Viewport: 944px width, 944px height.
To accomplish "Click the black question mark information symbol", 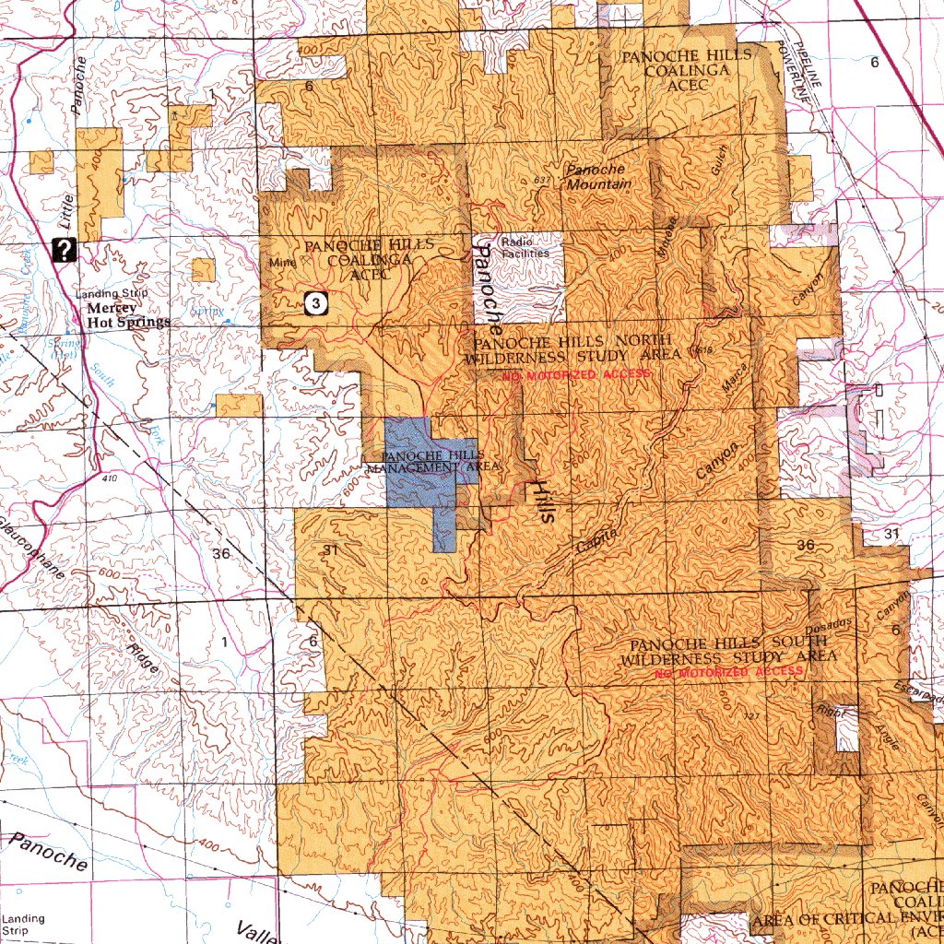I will tap(65, 250).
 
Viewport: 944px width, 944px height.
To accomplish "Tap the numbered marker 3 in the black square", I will tap(316, 301).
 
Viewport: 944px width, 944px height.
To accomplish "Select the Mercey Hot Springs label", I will tap(128, 316).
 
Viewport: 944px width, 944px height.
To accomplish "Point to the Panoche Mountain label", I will tap(598, 177).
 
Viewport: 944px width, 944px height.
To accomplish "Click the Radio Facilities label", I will tap(525, 247).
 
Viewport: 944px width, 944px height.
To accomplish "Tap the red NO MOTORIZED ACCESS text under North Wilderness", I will tap(576, 375).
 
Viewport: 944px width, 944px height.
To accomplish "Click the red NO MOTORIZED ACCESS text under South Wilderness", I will tap(728, 673).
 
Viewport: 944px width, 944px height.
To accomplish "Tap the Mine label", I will tap(279, 262).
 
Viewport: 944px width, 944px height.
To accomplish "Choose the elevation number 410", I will tap(111, 479).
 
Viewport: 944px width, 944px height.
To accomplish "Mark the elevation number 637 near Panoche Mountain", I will tap(541, 179).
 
